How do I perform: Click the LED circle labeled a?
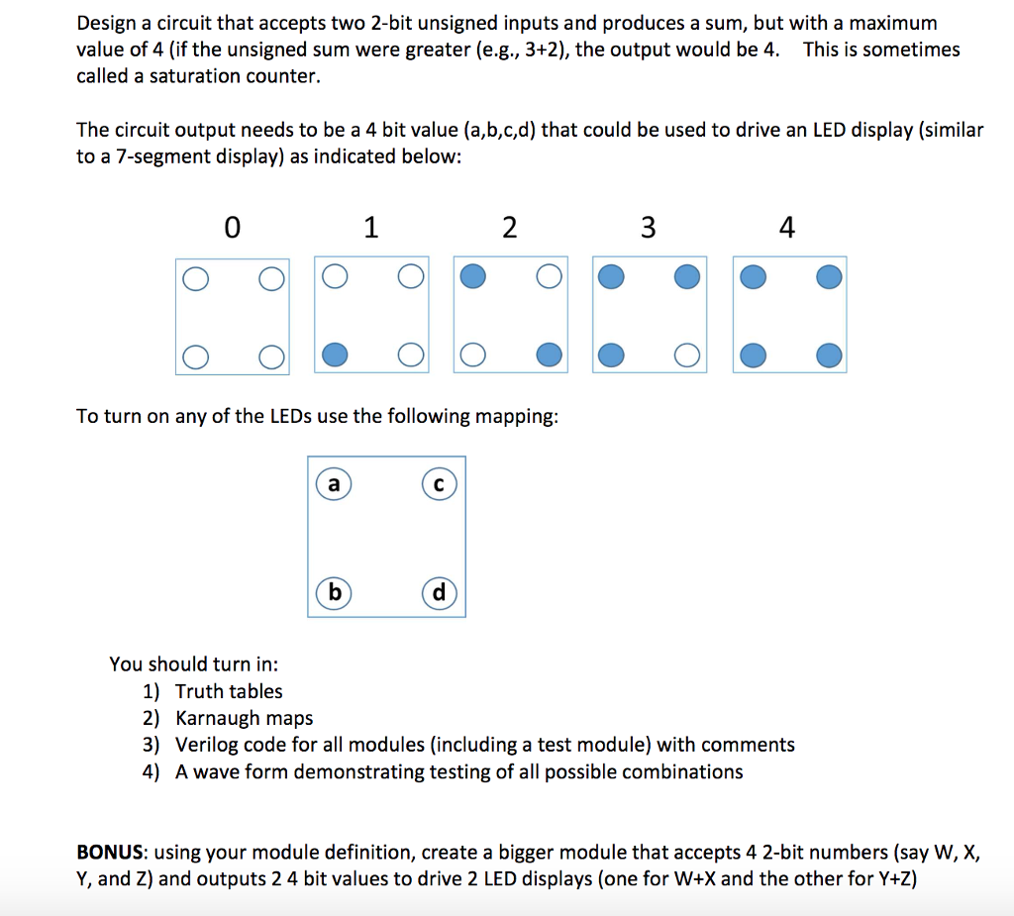334,485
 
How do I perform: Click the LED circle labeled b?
334,593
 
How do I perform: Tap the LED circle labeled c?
438,485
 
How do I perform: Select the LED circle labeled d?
439,593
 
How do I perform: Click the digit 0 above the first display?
232,229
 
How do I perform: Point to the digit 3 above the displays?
648,229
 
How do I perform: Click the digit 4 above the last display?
786,229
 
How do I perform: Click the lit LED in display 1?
336,354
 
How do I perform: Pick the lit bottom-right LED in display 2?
548,354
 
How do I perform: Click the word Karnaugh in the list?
215,718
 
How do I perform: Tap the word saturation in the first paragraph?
190,75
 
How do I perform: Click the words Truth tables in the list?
229,691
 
